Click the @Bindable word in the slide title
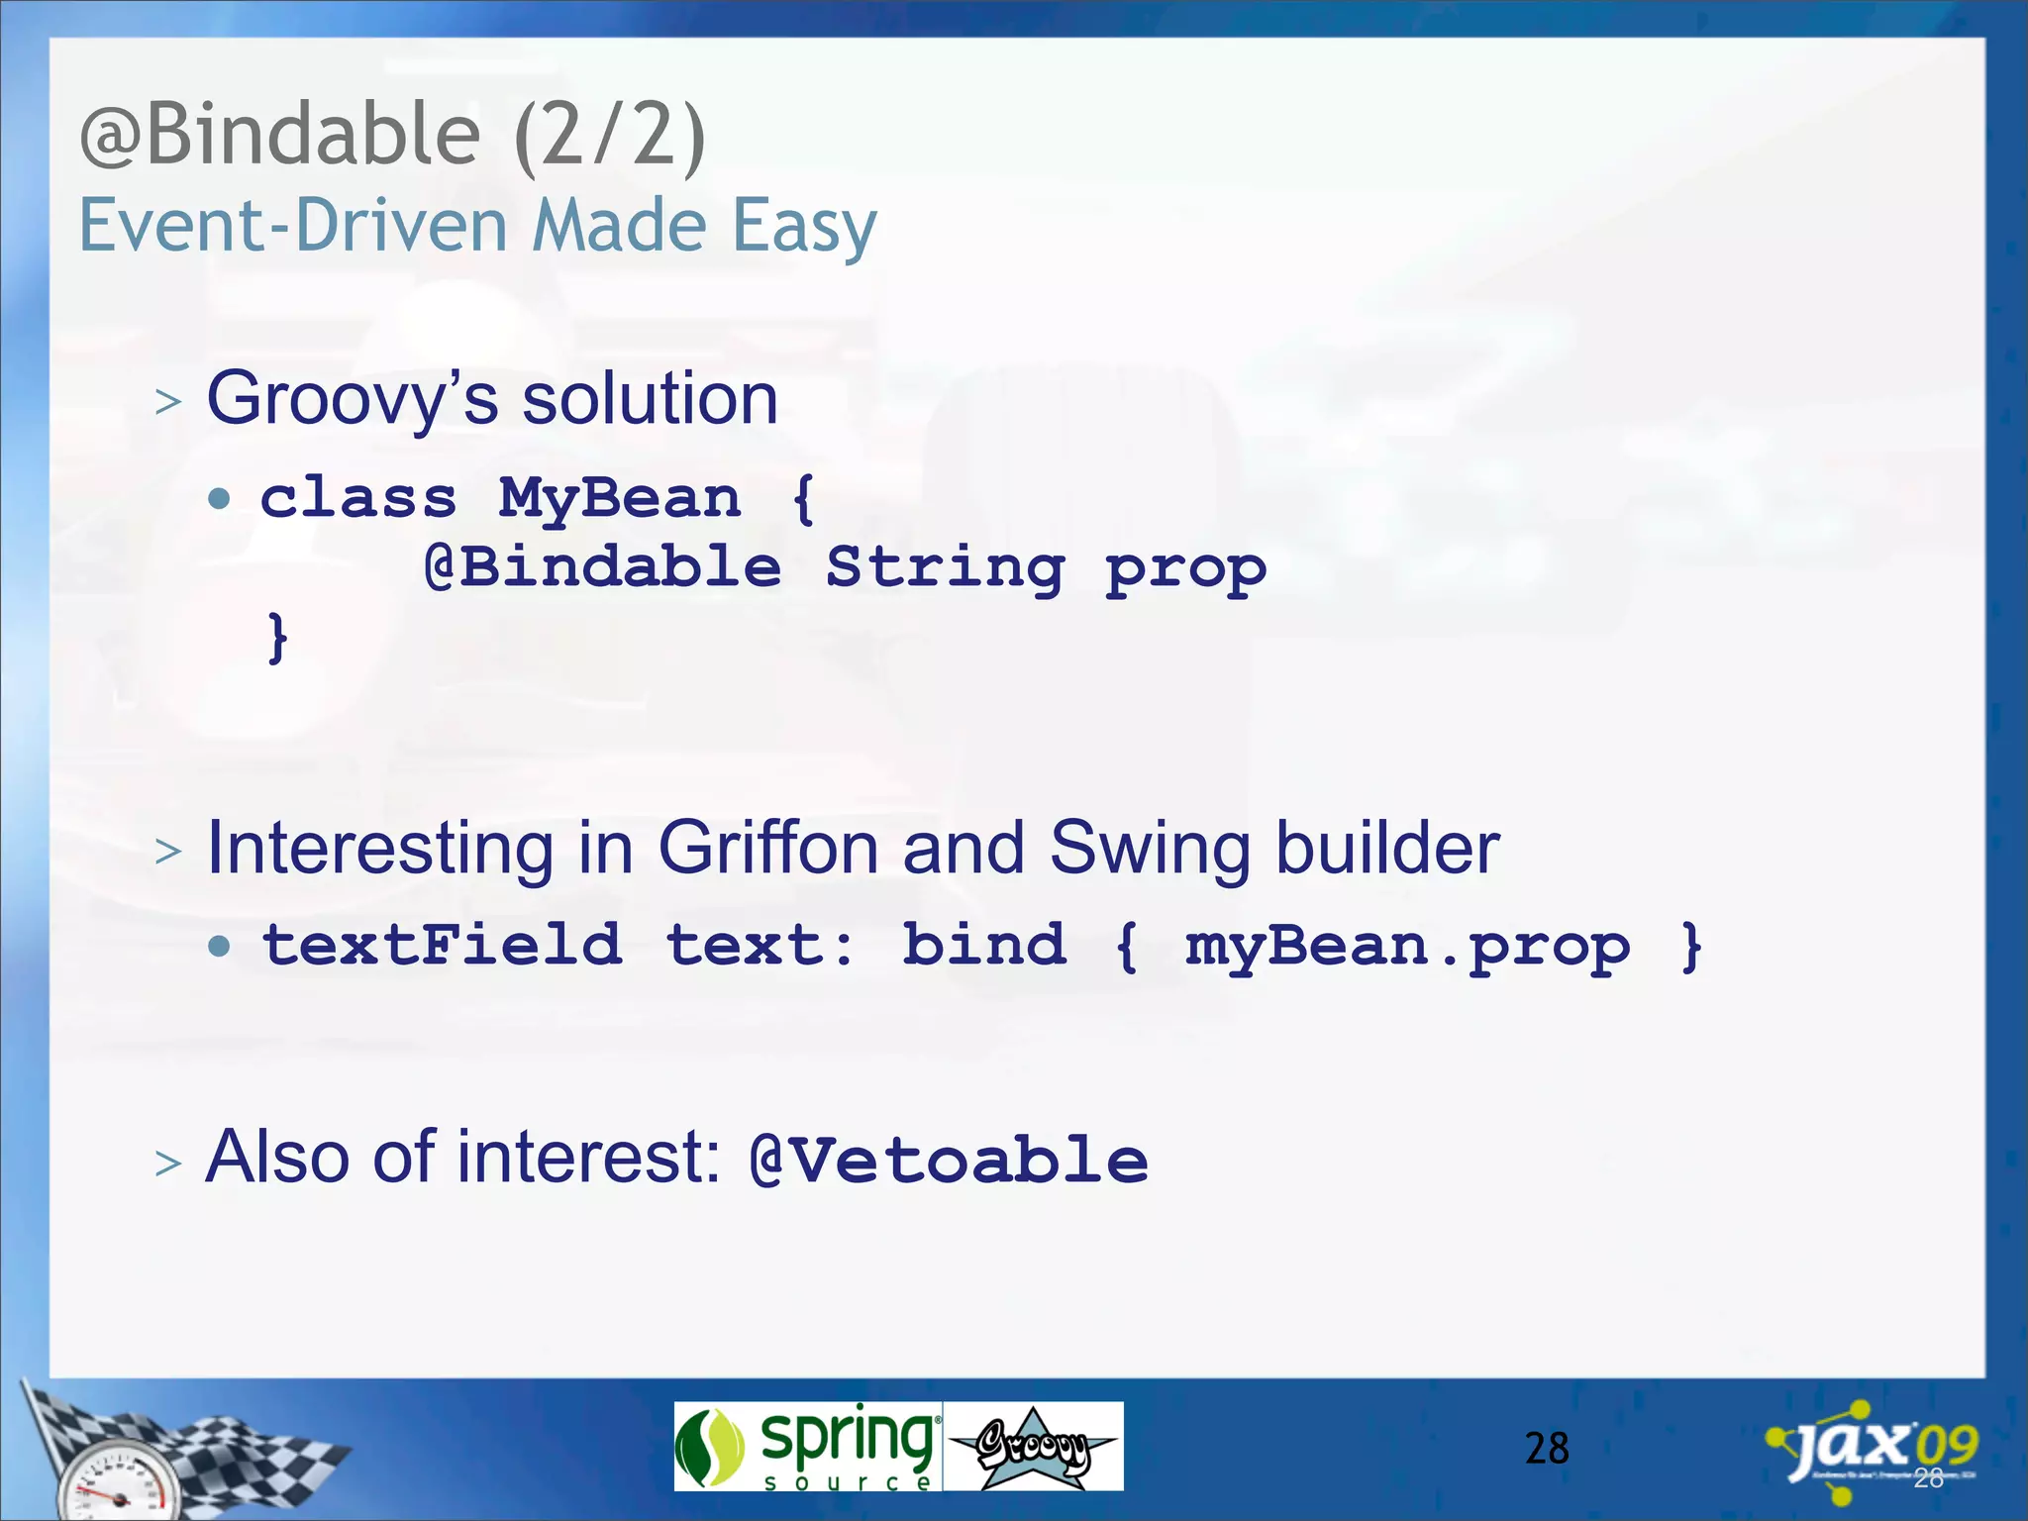(280, 136)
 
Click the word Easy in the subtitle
(804, 227)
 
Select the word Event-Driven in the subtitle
(294, 226)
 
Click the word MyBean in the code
(620, 497)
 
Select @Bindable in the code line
(602, 568)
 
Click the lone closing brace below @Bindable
(278, 637)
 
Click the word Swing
(1150, 849)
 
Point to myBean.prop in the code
(1406, 947)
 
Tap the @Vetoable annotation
(949, 1160)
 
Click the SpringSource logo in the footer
(807, 1447)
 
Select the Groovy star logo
(1033, 1447)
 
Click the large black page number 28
(1547, 1449)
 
